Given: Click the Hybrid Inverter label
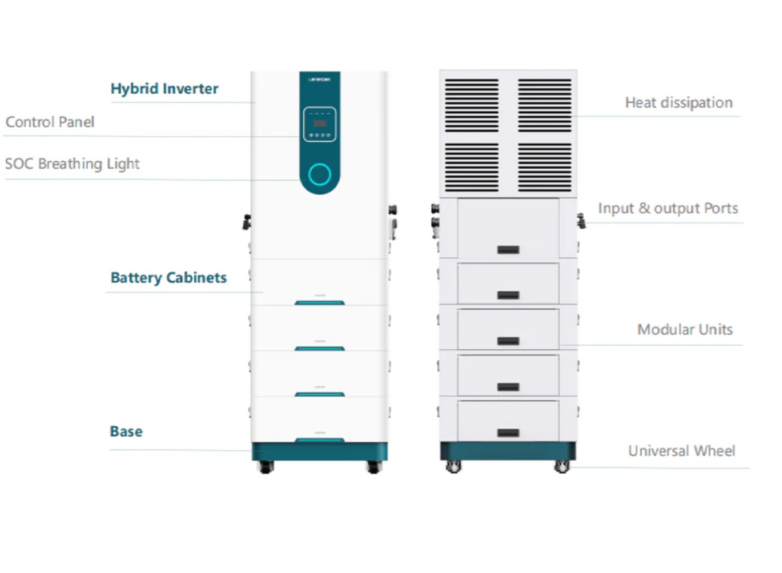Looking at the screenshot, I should (x=164, y=89).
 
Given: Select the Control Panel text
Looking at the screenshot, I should (x=50, y=122).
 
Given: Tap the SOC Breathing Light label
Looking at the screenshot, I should (x=72, y=164).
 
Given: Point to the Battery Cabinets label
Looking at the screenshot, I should (x=168, y=278).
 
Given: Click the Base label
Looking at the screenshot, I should (x=126, y=432).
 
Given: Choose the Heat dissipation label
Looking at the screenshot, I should (x=678, y=103).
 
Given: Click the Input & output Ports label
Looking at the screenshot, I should (x=667, y=209).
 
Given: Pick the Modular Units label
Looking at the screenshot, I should (x=684, y=330).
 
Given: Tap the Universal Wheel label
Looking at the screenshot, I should (x=681, y=451).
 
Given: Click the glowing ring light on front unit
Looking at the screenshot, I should (x=320, y=175).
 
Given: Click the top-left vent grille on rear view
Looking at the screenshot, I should (x=471, y=105).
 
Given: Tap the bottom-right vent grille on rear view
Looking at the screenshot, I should (x=544, y=167).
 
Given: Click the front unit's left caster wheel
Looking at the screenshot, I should (x=266, y=467).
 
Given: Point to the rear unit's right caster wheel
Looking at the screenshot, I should (x=561, y=467).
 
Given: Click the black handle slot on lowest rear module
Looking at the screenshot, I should (x=508, y=433).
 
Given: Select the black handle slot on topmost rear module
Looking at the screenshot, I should (x=508, y=250).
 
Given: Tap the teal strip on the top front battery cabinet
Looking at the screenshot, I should (x=320, y=302).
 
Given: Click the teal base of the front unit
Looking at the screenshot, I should (x=320, y=451).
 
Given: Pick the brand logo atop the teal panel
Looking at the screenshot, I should (x=320, y=80).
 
